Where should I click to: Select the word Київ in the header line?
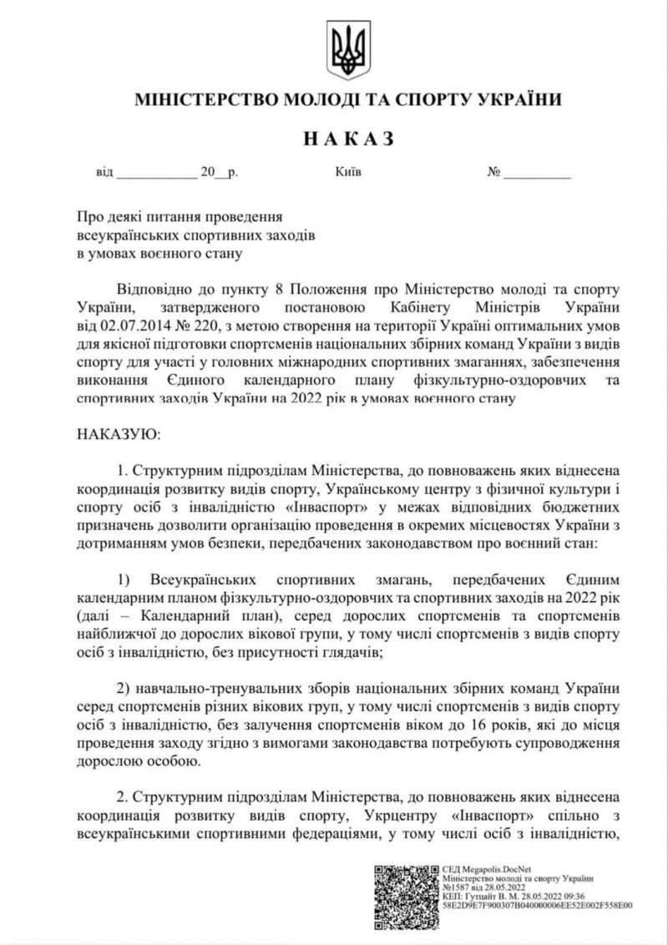[347, 173]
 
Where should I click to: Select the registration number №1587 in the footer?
[456, 887]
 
